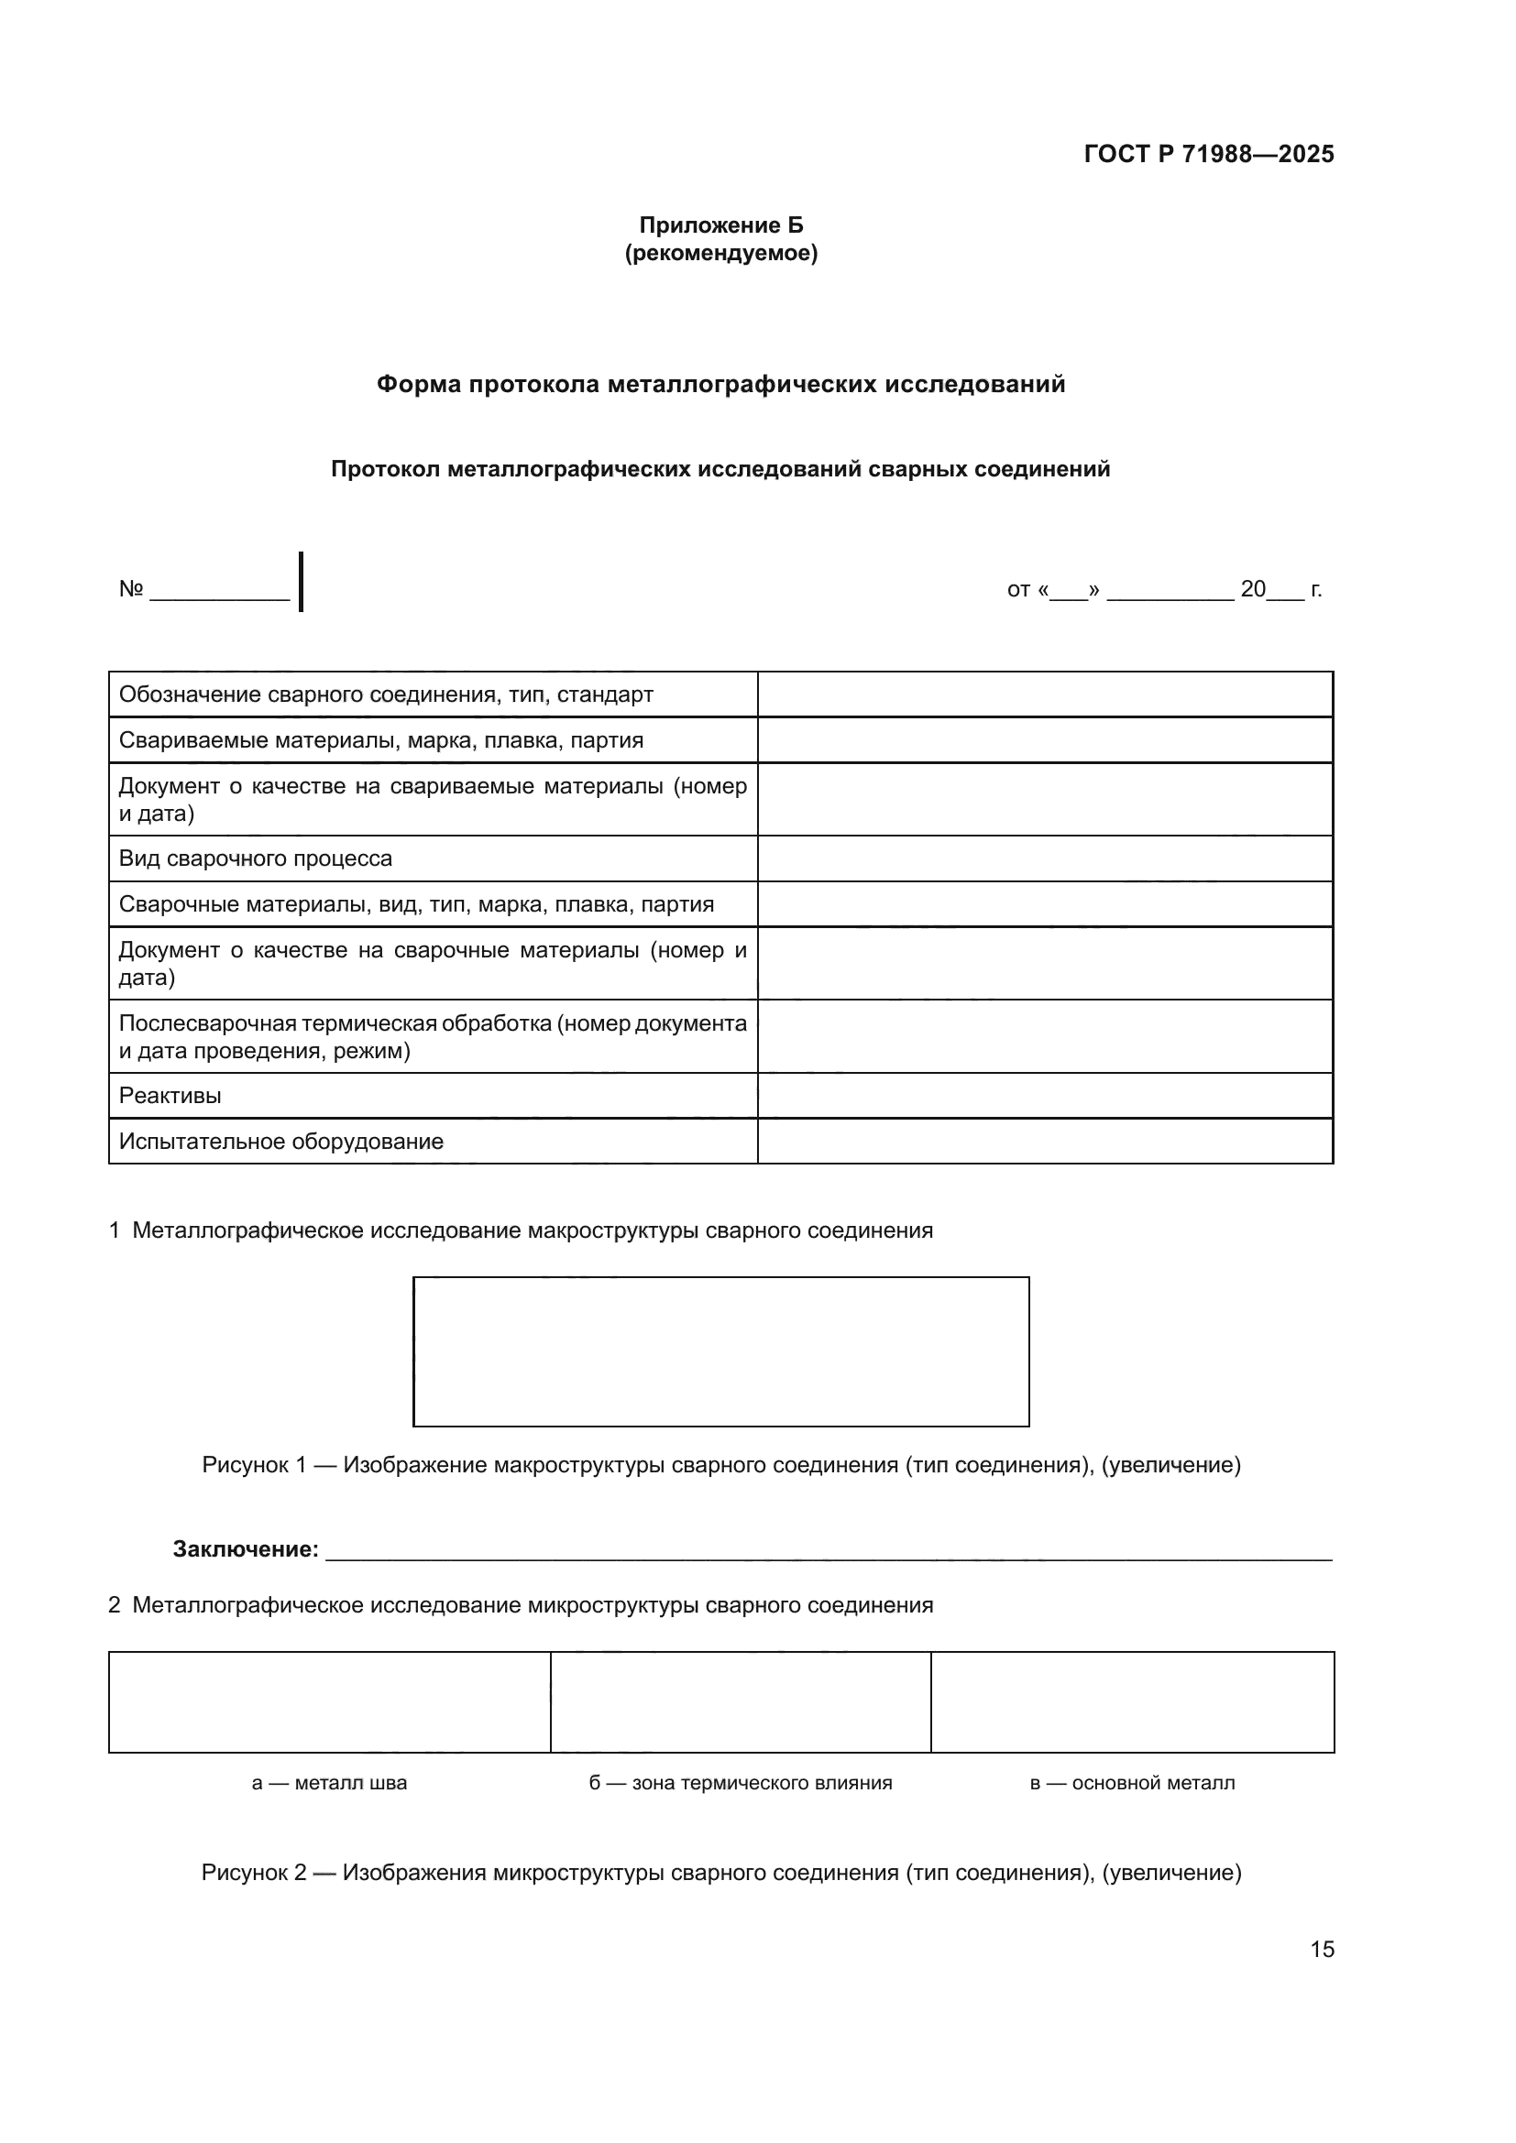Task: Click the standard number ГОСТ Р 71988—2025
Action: (x=1208, y=154)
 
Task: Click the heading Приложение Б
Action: (x=720, y=225)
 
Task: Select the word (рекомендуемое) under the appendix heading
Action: (x=720, y=253)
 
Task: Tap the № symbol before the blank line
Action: (x=131, y=589)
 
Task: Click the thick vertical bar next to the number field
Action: (x=301, y=582)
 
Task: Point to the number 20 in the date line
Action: (x=1253, y=589)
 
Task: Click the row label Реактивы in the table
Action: (x=170, y=1096)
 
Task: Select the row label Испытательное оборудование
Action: (x=281, y=1142)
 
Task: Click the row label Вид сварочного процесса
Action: (x=255, y=858)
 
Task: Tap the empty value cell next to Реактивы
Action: (x=1045, y=1096)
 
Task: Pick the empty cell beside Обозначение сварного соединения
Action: (x=1045, y=694)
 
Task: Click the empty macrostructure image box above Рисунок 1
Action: (x=720, y=1350)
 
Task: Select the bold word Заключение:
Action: (x=246, y=1549)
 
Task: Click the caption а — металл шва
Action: (x=330, y=1783)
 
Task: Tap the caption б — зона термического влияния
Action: (x=741, y=1783)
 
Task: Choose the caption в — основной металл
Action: (x=1131, y=1783)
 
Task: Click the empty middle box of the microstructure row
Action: (x=741, y=1701)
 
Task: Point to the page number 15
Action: (x=1322, y=1949)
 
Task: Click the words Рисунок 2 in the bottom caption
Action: (x=254, y=1874)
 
